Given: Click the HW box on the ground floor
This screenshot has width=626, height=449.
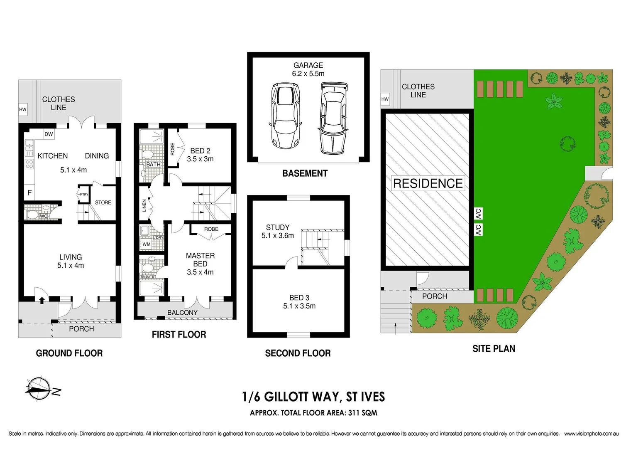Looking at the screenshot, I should pos(23,109).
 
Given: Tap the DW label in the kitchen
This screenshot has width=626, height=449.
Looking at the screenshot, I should pos(49,134).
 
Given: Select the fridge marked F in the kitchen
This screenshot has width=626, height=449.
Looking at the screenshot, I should pos(29,192).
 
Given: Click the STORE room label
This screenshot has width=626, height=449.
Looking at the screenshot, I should pos(103,202).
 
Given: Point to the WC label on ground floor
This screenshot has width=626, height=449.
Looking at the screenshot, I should pos(43,216).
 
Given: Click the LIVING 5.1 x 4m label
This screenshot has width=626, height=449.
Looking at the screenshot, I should pos(71,261).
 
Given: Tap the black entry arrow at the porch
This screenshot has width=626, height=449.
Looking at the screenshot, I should pos(42,300).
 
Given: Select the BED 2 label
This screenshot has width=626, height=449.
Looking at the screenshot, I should pos(200,155).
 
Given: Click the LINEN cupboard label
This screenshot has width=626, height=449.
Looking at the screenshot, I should pos(144,205).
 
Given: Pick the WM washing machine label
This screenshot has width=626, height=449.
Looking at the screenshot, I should pos(146,244).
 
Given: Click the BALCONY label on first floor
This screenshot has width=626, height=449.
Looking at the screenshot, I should pos(182,312).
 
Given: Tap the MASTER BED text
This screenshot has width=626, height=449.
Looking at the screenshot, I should pos(200,260).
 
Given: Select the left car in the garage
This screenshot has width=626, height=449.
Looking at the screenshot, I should pos(285,116).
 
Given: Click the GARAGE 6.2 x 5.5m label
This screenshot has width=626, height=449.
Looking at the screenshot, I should pos(308,69).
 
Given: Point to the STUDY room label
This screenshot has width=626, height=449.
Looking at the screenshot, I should pos(277,231).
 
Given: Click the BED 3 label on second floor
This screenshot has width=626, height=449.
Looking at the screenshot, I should pos(299,302).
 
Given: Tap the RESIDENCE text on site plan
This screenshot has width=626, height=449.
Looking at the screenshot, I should pos(428,183).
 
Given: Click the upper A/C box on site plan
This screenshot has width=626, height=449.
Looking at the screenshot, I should pos(478,214).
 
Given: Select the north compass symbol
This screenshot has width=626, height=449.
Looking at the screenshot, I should pos(39,389).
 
